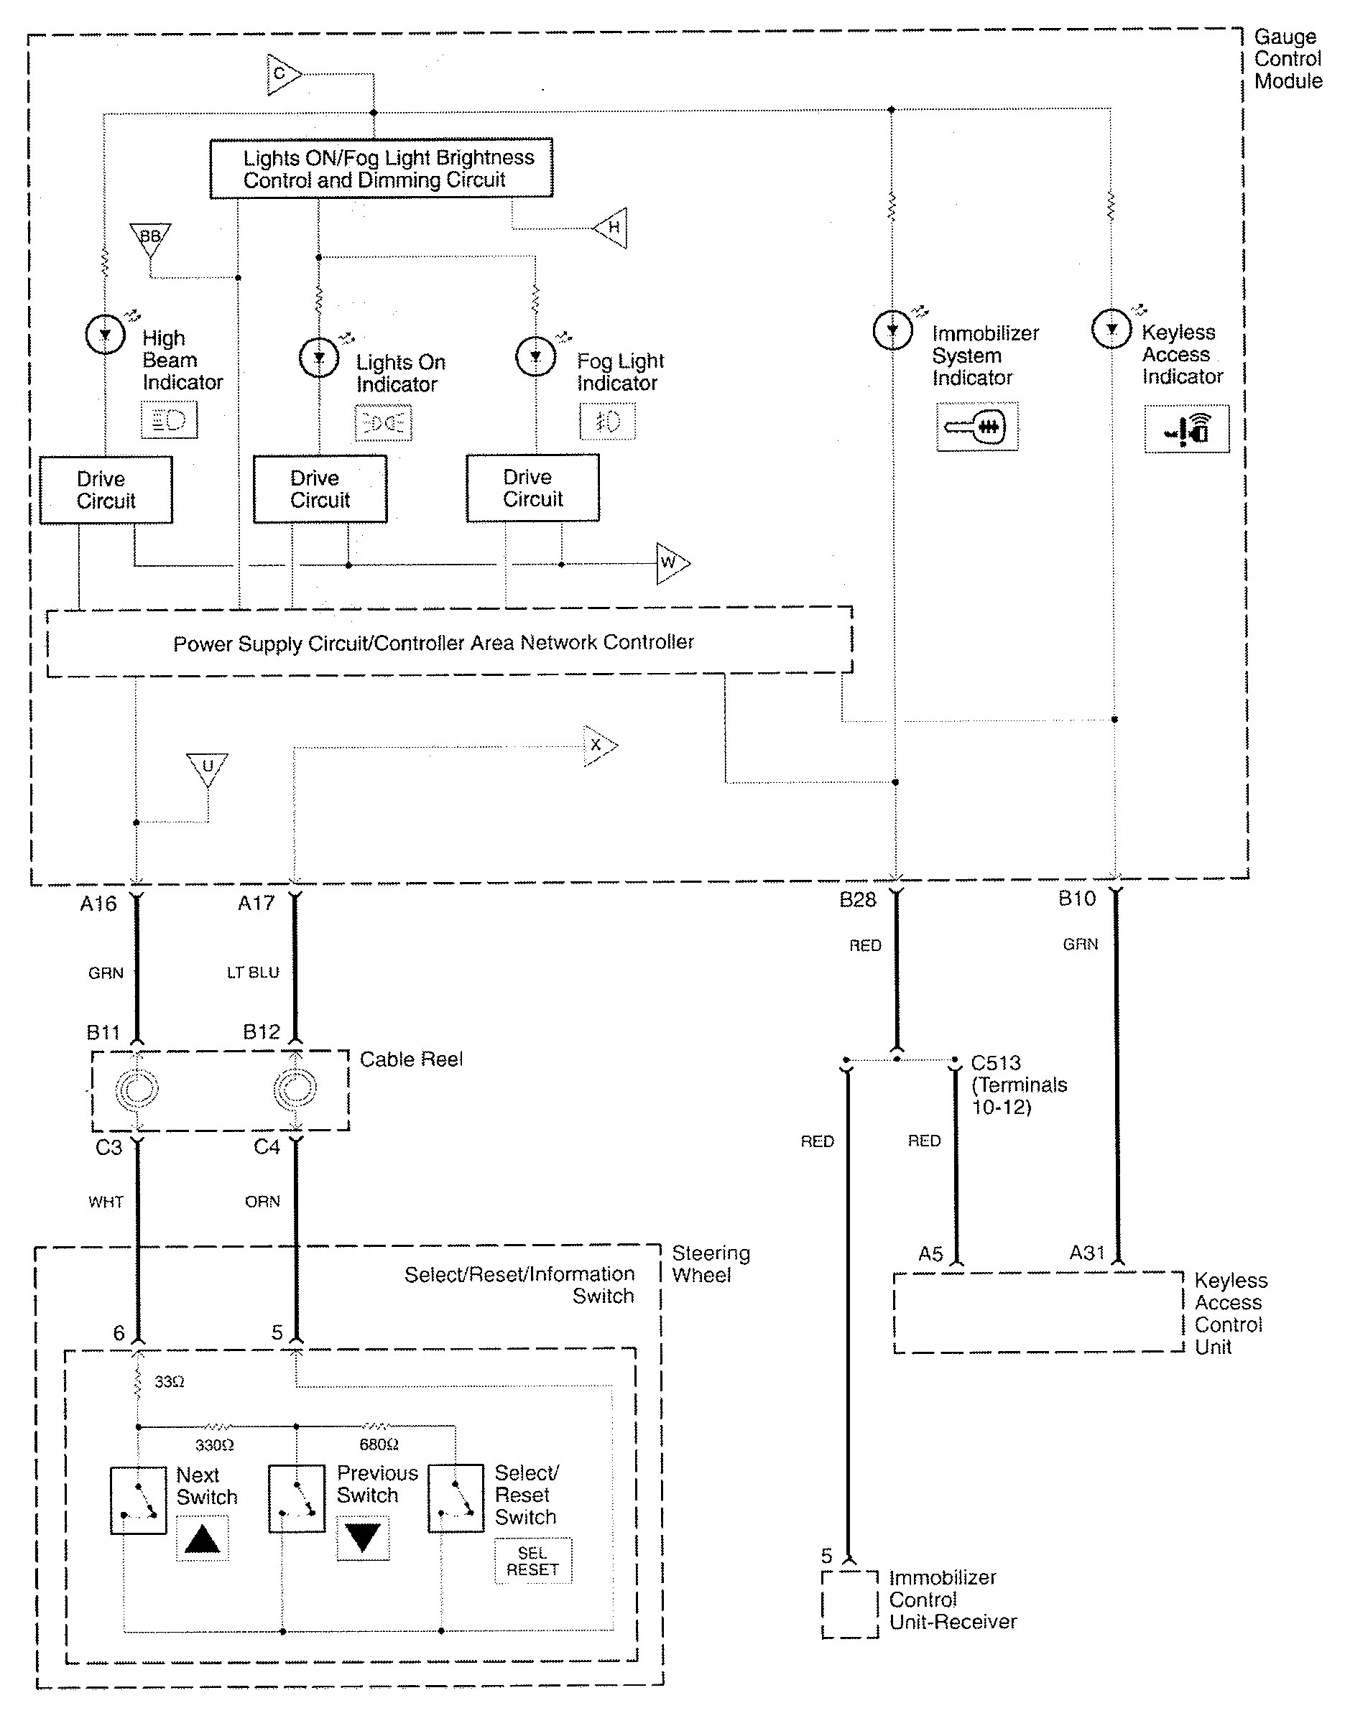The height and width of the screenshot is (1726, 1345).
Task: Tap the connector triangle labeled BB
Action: (x=150, y=238)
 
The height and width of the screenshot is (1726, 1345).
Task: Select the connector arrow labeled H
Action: (x=611, y=228)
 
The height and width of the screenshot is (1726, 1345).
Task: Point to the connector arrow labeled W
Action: (x=671, y=563)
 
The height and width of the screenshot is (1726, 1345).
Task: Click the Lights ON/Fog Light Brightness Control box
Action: (x=381, y=168)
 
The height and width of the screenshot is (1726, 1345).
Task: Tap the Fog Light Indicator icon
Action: (x=607, y=421)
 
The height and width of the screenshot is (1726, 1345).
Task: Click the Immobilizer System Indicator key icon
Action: (x=977, y=427)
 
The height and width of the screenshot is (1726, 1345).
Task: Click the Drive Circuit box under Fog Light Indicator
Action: (x=532, y=488)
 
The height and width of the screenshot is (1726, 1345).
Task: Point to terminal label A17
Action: (x=256, y=904)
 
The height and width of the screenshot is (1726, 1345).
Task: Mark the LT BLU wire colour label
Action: (x=253, y=973)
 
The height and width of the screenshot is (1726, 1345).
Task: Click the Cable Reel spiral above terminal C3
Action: (x=137, y=1090)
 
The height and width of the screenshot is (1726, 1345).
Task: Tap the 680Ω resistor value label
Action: (x=379, y=1444)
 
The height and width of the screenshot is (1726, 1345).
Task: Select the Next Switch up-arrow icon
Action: (x=203, y=1539)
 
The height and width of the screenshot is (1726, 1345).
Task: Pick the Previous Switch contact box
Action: (x=297, y=1499)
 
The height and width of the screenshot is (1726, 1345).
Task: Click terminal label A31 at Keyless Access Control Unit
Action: (x=1087, y=1253)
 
